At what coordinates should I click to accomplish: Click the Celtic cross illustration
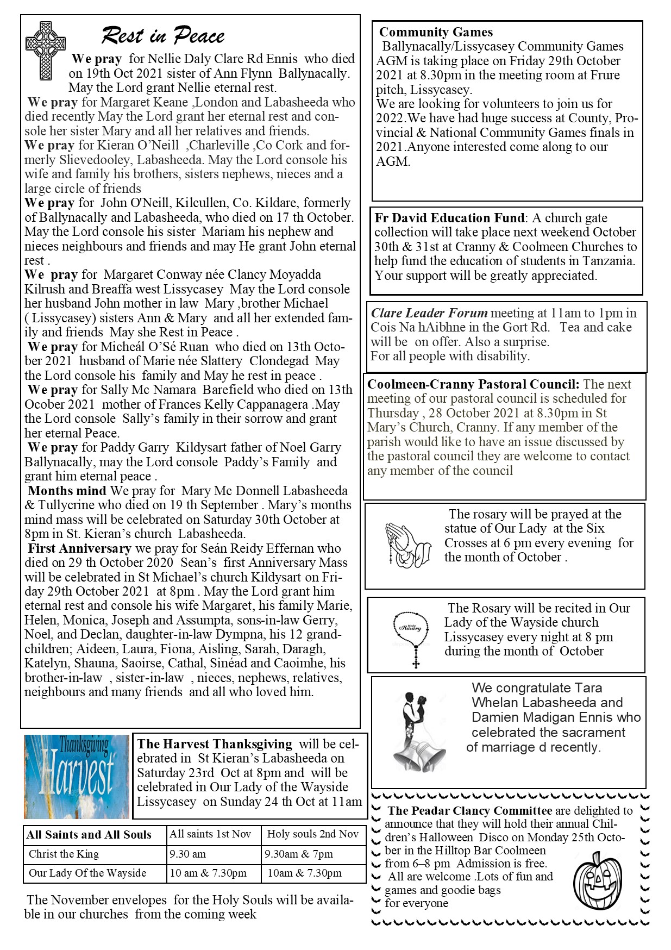pos(46,51)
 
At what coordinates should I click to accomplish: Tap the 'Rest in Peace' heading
pos(163,36)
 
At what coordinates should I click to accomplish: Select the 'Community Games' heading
pos(436,32)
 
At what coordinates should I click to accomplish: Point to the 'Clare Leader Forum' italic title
pos(429,313)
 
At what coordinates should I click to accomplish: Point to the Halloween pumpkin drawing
pos(597,880)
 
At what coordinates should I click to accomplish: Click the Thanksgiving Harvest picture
pos(77,777)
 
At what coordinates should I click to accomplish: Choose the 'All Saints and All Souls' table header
pos(89,835)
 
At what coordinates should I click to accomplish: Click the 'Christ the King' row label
pos(64,854)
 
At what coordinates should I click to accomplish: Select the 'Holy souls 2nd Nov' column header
pos(313,834)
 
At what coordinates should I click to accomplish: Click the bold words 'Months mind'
pos(67,491)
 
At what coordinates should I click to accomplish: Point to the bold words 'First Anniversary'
pos(80,548)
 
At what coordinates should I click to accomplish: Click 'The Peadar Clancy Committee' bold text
pos(469,811)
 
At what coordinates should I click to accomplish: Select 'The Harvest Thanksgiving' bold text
pos(215,744)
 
